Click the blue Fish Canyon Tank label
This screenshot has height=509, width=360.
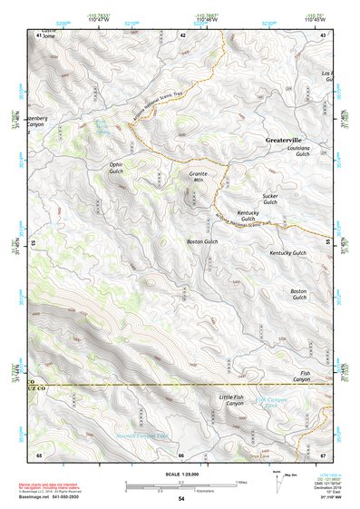pyautogui.click(x=274, y=400)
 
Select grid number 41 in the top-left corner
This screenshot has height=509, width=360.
pyautogui.click(x=39, y=34)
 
